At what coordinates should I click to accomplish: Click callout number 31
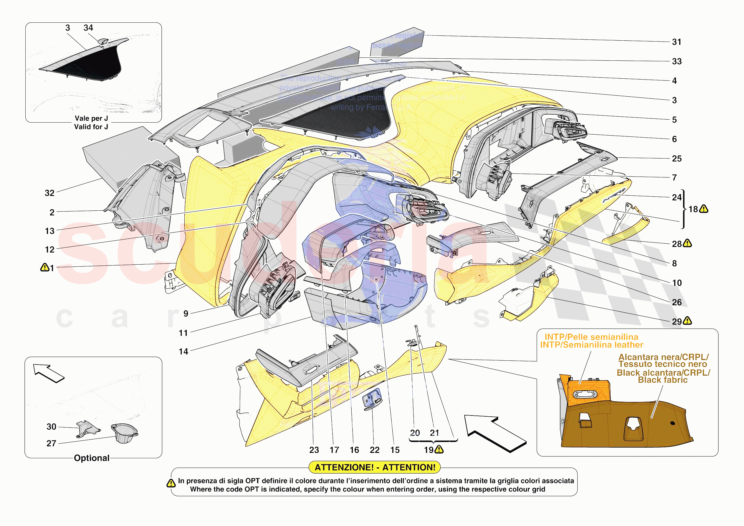(676, 42)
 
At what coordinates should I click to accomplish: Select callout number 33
(676, 62)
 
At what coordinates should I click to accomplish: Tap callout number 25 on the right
(676, 159)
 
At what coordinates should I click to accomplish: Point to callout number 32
(49, 193)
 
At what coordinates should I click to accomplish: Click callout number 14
(183, 352)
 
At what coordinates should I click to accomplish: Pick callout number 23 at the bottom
(314, 450)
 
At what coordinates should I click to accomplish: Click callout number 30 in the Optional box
(52, 427)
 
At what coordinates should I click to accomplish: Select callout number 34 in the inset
(88, 28)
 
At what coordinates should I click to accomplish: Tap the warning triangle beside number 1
(44, 268)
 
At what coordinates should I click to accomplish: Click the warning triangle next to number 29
(687, 321)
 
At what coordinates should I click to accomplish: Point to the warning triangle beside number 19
(439, 449)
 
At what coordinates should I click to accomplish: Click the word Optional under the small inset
(92, 458)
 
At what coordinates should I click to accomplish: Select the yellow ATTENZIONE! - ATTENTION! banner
(375, 467)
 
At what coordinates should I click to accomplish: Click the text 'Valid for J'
(91, 127)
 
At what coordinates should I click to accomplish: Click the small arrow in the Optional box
(49, 373)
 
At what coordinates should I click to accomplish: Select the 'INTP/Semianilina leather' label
(591, 345)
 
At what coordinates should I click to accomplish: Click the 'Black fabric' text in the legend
(663, 380)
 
